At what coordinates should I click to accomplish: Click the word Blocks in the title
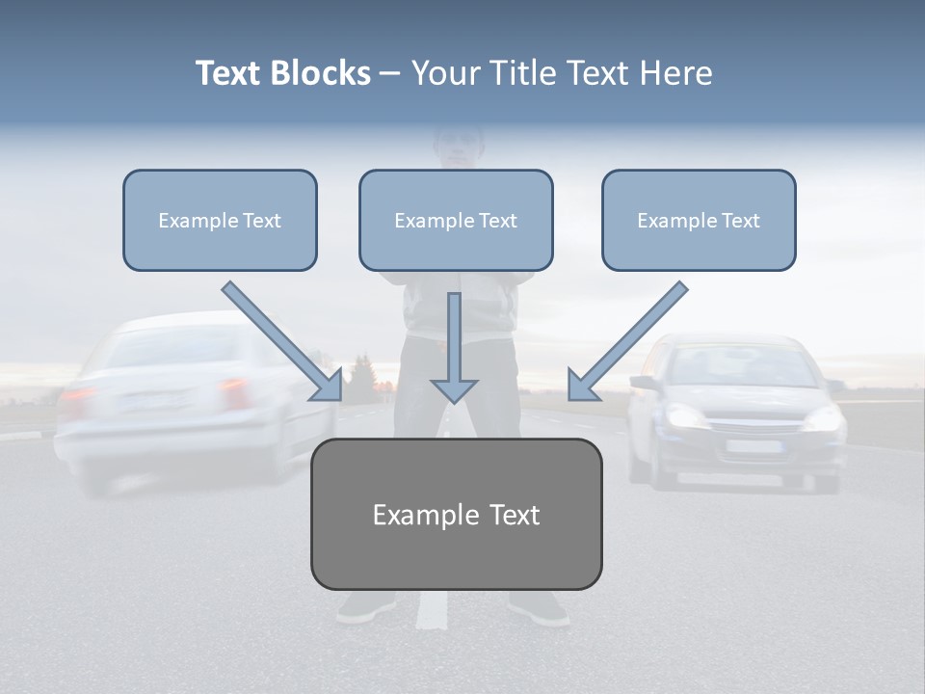pyautogui.click(x=320, y=72)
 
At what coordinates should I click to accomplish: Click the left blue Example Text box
pyautogui.click(x=220, y=220)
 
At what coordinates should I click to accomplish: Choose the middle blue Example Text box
pyautogui.click(x=456, y=220)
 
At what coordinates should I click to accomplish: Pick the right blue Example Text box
pyautogui.click(x=700, y=220)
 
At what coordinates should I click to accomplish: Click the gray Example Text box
pyautogui.click(x=457, y=514)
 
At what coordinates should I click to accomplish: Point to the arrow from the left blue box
pyautogui.click(x=282, y=341)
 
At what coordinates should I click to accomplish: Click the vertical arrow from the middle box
pyautogui.click(x=454, y=348)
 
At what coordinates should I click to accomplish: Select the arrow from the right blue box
pyautogui.click(x=627, y=341)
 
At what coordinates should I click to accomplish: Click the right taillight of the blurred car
pyautogui.click(x=234, y=393)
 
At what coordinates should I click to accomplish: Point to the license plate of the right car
pyautogui.click(x=754, y=446)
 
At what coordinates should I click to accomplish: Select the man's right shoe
pyautogui.click(x=540, y=608)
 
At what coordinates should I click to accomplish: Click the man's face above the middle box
pyautogui.click(x=459, y=148)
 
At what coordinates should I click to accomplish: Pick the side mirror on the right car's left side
pyautogui.click(x=643, y=383)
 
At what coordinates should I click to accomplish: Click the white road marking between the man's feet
pyautogui.click(x=433, y=609)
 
